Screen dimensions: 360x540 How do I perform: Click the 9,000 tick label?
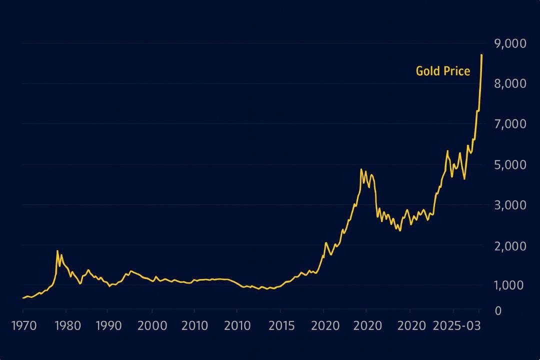tap(510, 43)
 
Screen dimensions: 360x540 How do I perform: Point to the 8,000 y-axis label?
tap(510, 83)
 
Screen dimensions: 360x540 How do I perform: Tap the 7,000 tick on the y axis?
tap(510, 124)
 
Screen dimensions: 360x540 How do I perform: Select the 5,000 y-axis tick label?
tap(510, 164)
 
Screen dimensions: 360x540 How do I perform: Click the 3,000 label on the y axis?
tap(510, 205)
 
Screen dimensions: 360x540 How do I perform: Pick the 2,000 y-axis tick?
tap(510, 245)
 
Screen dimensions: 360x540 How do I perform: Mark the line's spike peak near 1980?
tap(57, 250)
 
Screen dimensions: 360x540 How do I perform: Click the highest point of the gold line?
tap(481, 54)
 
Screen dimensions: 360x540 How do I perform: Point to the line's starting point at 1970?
tap(23, 298)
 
